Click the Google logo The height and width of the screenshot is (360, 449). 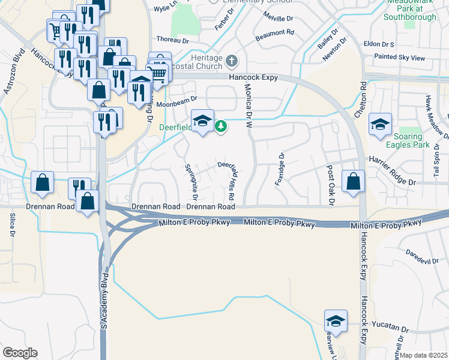pos(20,353)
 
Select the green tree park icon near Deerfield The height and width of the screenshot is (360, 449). pos(221,126)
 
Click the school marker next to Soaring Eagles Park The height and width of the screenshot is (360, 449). pos(380,124)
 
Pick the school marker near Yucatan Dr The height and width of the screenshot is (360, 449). pos(336,321)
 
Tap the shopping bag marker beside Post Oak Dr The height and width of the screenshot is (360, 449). pos(353,181)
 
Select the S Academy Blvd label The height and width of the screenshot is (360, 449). pos(106,300)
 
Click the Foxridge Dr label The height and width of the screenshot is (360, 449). pos(280,169)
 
